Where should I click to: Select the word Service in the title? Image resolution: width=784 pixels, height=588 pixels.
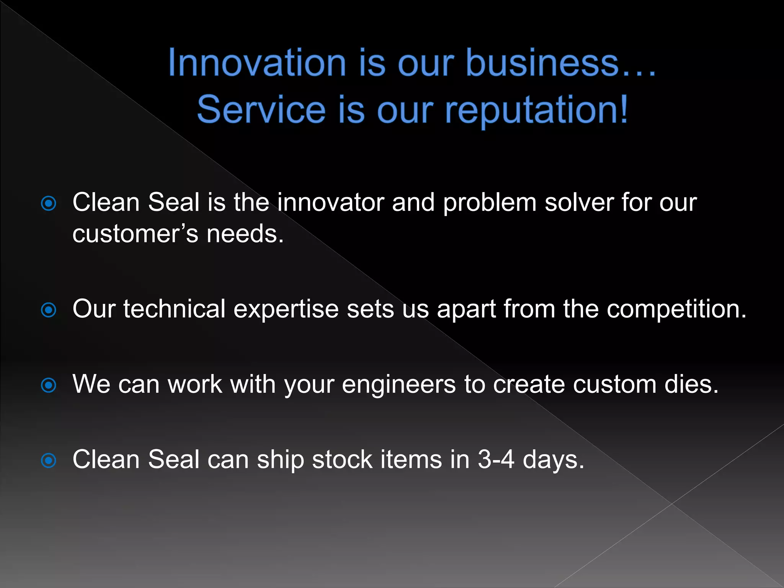click(x=261, y=110)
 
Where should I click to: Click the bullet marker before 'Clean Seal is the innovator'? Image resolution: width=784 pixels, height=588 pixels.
click(x=49, y=204)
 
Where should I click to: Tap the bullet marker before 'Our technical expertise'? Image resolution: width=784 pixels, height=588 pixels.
click(x=49, y=310)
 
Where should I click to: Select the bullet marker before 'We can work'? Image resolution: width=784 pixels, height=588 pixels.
click(x=49, y=385)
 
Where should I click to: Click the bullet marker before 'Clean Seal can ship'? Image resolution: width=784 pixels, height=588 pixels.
click(x=49, y=461)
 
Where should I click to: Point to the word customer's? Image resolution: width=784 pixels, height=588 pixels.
click(x=135, y=234)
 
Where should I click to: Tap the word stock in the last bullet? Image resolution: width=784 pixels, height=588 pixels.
click(x=342, y=459)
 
